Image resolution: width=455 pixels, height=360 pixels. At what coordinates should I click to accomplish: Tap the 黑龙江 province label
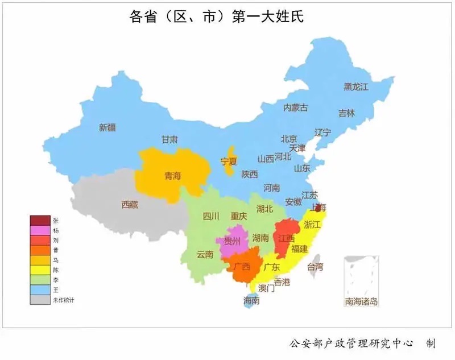(x=356, y=87)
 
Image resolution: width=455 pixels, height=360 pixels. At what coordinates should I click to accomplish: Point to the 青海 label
(x=172, y=176)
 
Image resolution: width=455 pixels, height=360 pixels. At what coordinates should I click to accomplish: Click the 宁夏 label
(x=229, y=162)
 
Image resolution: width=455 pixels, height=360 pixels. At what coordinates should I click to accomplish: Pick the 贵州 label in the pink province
(x=232, y=241)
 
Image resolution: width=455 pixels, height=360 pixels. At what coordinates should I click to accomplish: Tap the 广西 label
(x=241, y=266)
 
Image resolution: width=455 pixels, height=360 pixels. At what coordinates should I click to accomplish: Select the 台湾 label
(x=315, y=266)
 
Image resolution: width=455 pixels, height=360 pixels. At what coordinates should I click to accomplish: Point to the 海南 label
(x=251, y=300)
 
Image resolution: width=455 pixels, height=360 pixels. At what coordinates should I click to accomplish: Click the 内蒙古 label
(x=296, y=107)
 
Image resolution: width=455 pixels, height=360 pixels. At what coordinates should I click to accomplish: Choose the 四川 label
(x=211, y=216)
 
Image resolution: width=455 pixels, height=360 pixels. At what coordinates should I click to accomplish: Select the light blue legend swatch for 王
(x=40, y=289)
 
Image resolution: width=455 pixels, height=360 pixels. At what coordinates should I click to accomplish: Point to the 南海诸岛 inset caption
(x=361, y=301)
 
